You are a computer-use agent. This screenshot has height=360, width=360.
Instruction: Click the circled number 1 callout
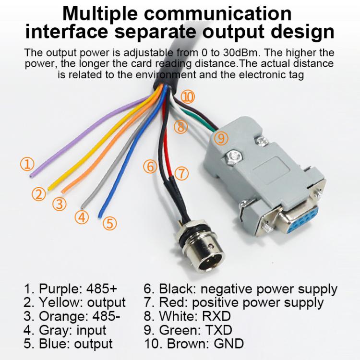27,165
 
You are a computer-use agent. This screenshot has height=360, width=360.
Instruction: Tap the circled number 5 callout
109,223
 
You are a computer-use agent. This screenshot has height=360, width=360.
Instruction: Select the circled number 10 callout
188,97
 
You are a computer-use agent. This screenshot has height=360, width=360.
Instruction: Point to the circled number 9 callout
220,138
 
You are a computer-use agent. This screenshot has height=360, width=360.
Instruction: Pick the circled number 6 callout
150,167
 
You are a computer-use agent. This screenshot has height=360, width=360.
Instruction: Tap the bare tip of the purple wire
32,176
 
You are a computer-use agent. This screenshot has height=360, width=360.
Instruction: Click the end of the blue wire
100,216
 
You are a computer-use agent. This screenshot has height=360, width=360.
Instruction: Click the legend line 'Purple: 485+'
71,289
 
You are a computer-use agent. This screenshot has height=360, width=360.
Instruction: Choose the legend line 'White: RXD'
187,317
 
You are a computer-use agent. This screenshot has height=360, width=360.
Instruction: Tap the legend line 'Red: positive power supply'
234,303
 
